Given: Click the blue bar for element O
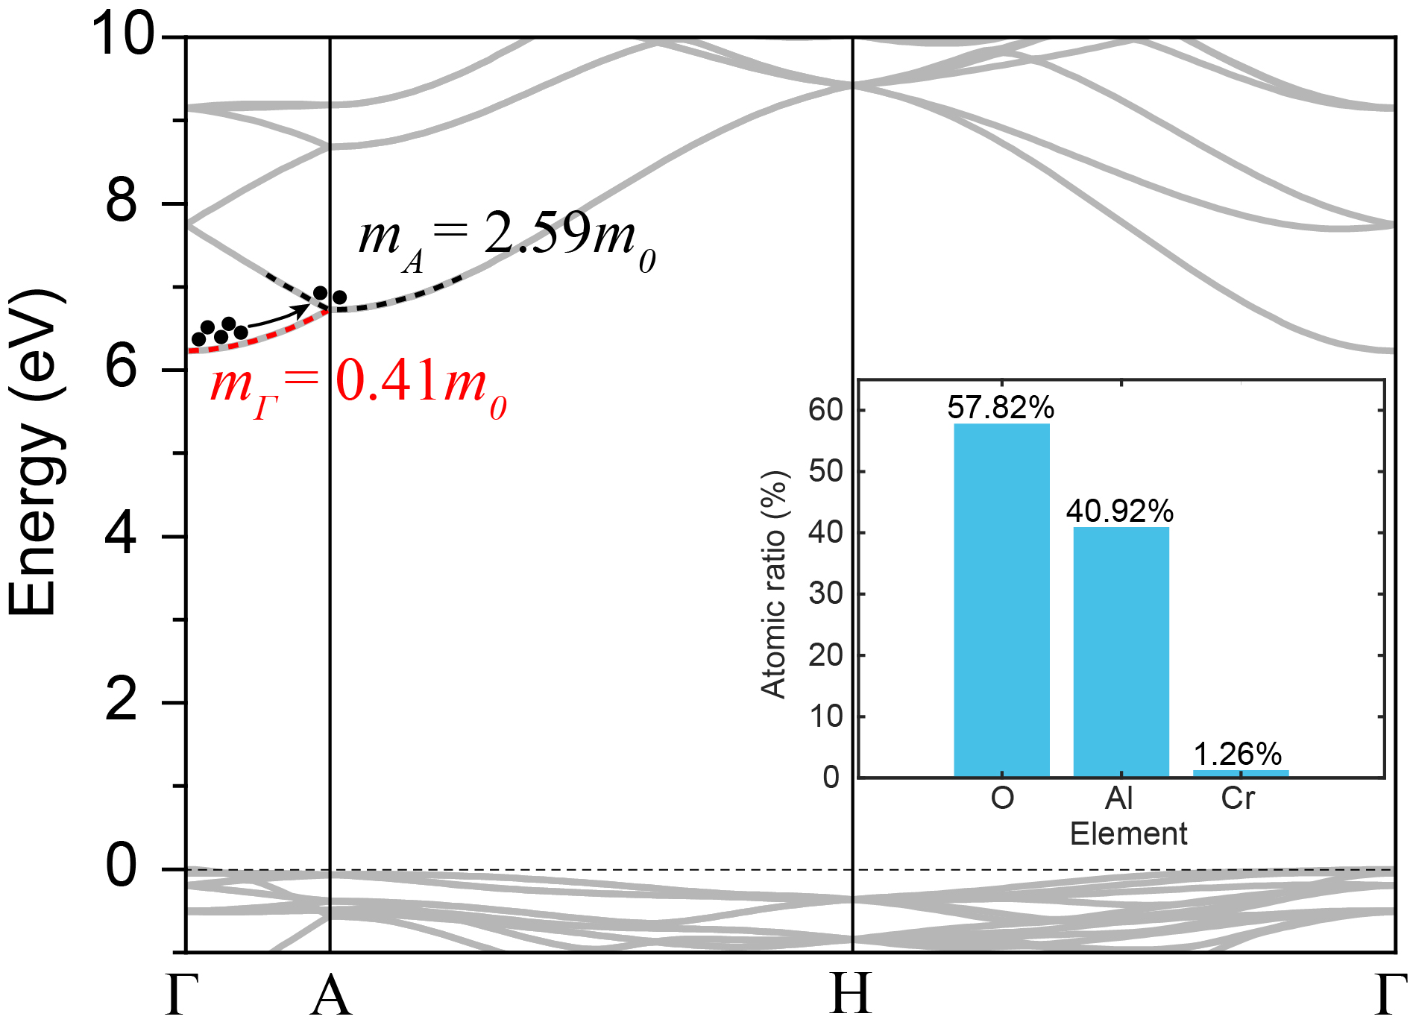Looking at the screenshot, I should [x=1001, y=600].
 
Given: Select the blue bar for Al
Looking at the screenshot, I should [x=1121, y=652].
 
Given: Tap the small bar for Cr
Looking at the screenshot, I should [x=1240, y=773].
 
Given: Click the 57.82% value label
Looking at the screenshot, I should [x=1001, y=407].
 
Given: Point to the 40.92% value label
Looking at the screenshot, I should [x=1119, y=511].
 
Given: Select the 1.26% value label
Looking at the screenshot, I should [x=1238, y=754].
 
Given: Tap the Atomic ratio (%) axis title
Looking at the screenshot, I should [x=774, y=584].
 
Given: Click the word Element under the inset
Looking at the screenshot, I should [x=1128, y=833].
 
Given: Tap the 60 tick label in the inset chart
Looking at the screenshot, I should [x=825, y=409].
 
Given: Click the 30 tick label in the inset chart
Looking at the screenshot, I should [x=825, y=593].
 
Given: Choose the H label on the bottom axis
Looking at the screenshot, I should [x=851, y=995].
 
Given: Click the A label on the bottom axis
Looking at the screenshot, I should [x=330, y=995].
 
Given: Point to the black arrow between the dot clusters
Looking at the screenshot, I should [x=277, y=318].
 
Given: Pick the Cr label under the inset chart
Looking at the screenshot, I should [x=1238, y=798].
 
